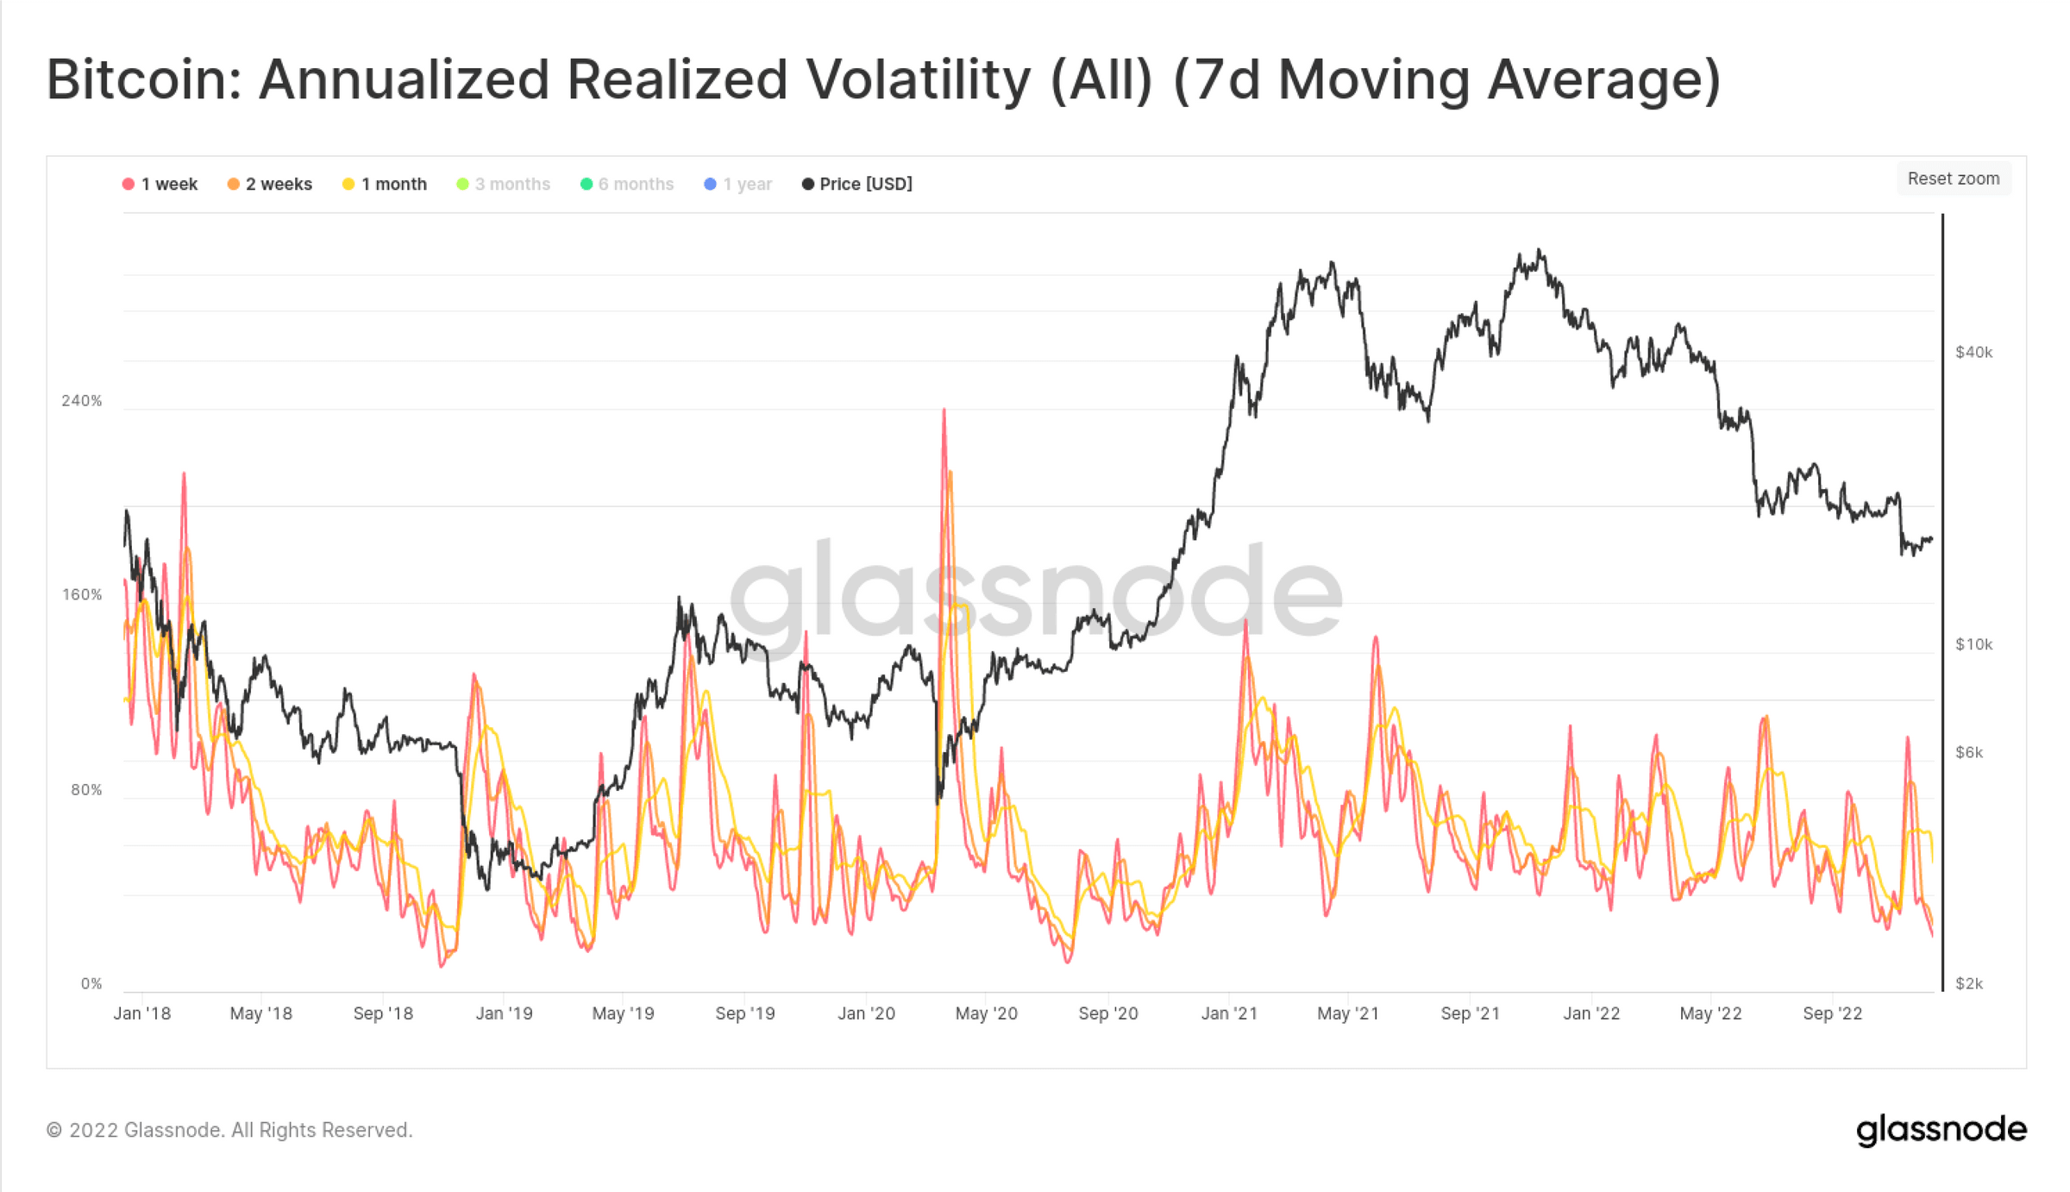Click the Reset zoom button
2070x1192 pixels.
click(x=1953, y=179)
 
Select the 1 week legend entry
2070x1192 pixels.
click(x=160, y=184)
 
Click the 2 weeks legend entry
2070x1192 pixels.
click(x=269, y=184)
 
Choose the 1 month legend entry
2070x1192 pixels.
click(x=385, y=184)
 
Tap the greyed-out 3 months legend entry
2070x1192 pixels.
click(x=503, y=184)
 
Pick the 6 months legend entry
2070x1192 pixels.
click(x=627, y=184)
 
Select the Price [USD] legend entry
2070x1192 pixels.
click(x=857, y=184)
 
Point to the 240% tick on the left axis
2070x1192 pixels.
click(x=82, y=401)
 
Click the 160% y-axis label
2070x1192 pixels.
click(x=82, y=595)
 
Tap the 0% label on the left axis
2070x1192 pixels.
click(x=91, y=984)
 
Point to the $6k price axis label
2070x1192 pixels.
click(x=1969, y=753)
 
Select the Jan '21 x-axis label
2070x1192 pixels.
click(x=1229, y=1013)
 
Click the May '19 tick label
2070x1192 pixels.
click(x=623, y=1013)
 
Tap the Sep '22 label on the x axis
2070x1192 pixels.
click(x=1833, y=1013)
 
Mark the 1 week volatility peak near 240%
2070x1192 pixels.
click(x=944, y=411)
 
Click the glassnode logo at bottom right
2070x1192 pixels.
click(x=1941, y=1130)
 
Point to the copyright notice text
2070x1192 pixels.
click(x=229, y=1130)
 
